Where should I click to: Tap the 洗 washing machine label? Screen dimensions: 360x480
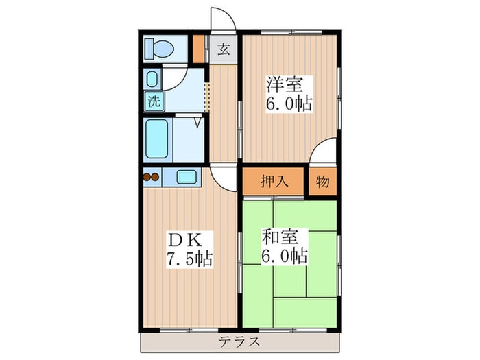154,101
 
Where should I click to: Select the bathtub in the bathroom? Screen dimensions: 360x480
157,139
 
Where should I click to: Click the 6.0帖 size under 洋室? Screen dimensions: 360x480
289,104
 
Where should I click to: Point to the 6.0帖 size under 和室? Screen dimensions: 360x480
284,258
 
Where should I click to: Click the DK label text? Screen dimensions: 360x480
184,240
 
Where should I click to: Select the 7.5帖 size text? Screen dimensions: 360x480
189,259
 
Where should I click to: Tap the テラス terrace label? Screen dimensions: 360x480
239,343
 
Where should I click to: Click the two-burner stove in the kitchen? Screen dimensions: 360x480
151,177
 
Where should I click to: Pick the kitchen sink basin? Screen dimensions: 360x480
186,177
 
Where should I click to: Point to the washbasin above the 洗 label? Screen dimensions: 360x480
152,78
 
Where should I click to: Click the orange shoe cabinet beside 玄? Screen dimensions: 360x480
199,47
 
